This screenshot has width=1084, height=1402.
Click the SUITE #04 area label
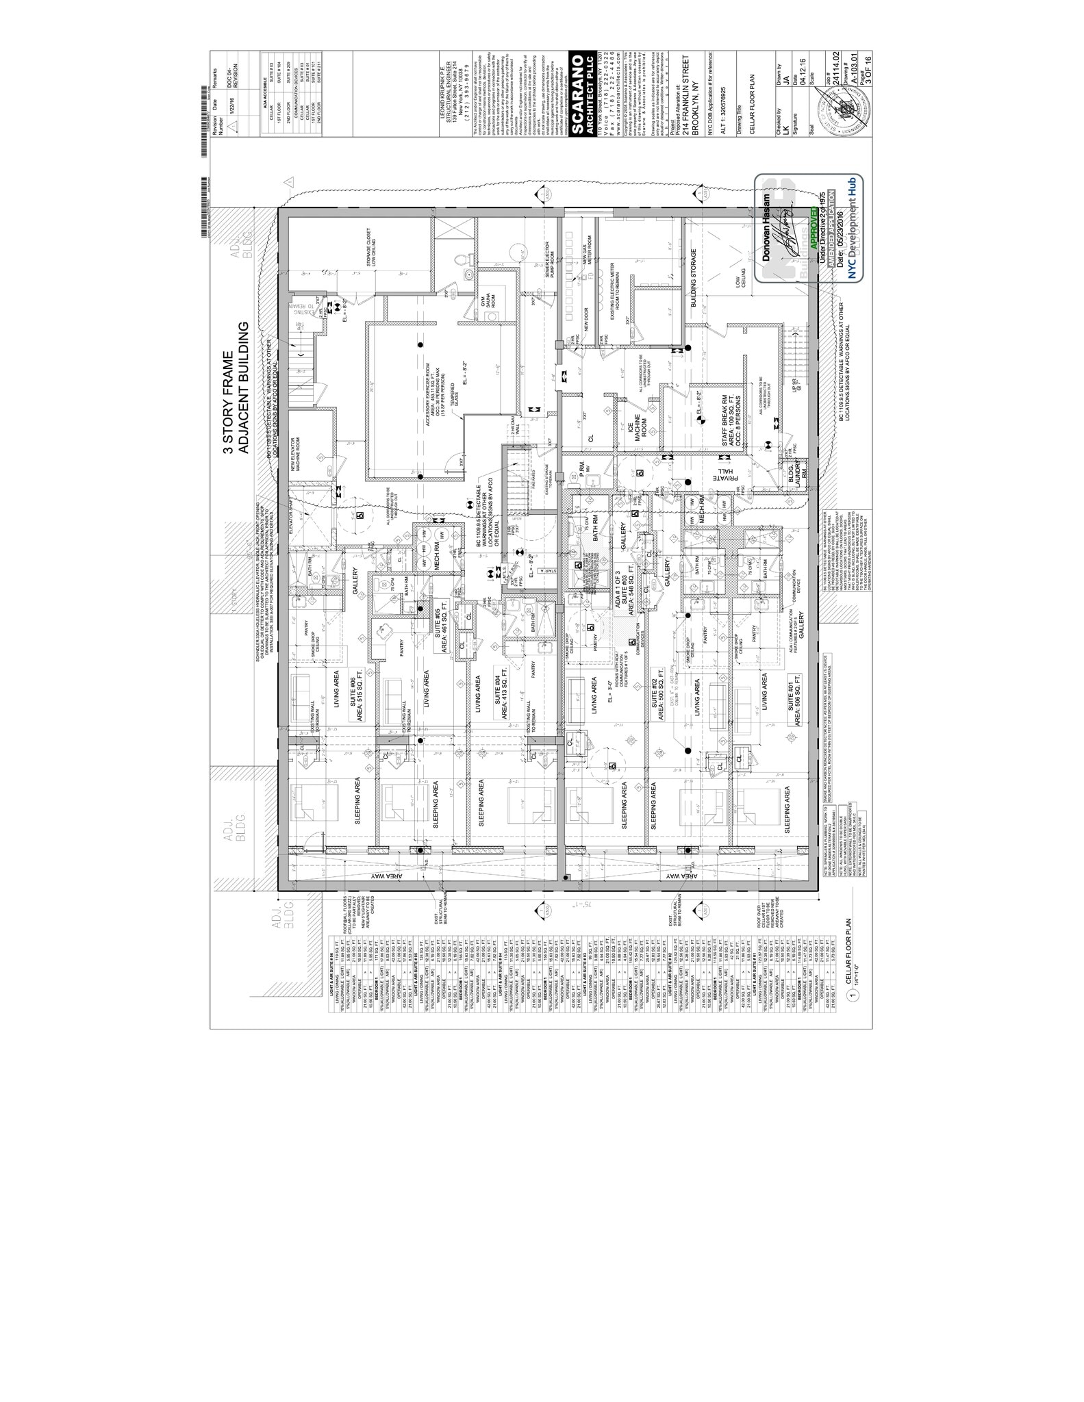(x=500, y=695)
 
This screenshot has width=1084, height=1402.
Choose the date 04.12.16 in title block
(x=802, y=72)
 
